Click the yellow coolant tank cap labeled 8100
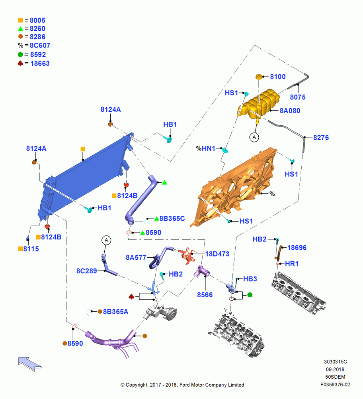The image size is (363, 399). point(258,77)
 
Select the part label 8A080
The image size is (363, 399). point(290,111)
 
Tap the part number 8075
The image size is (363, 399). point(298,97)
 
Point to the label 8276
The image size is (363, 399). point(321,138)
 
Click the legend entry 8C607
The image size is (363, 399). point(40,45)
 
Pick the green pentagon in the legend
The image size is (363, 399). point(21,54)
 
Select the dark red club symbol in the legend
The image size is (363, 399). point(20,63)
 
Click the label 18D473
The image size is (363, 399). point(217,254)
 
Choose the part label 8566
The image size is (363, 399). point(205,295)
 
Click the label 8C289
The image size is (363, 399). point(86,271)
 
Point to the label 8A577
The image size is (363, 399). point(136,258)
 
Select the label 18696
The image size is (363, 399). point(297,248)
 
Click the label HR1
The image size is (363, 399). point(292,264)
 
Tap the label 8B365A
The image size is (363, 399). point(115,312)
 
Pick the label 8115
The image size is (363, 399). point(31,249)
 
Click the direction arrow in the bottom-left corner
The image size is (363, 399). point(30,364)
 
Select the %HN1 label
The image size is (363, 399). point(206,148)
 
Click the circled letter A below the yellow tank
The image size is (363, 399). point(254,137)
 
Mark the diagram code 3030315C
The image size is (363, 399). point(335,362)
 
